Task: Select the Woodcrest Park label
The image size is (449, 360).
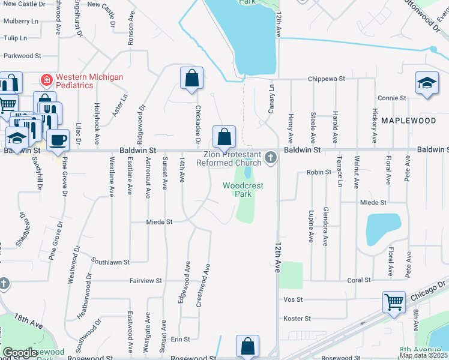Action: click(x=244, y=190)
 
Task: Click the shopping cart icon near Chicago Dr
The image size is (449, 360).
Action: click(x=394, y=302)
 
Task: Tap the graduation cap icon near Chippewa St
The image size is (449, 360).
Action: click(x=427, y=83)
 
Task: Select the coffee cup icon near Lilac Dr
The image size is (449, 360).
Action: click(x=58, y=140)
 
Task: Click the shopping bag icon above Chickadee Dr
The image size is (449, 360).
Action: click(x=191, y=78)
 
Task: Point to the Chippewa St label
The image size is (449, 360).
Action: click(x=327, y=79)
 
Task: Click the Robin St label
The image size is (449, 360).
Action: click(x=319, y=172)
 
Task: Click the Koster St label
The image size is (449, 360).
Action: click(x=297, y=319)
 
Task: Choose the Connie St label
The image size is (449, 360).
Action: click(x=389, y=98)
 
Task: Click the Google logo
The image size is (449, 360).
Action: click(x=20, y=353)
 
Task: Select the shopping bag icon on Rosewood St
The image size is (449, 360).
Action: click(x=247, y=346)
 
